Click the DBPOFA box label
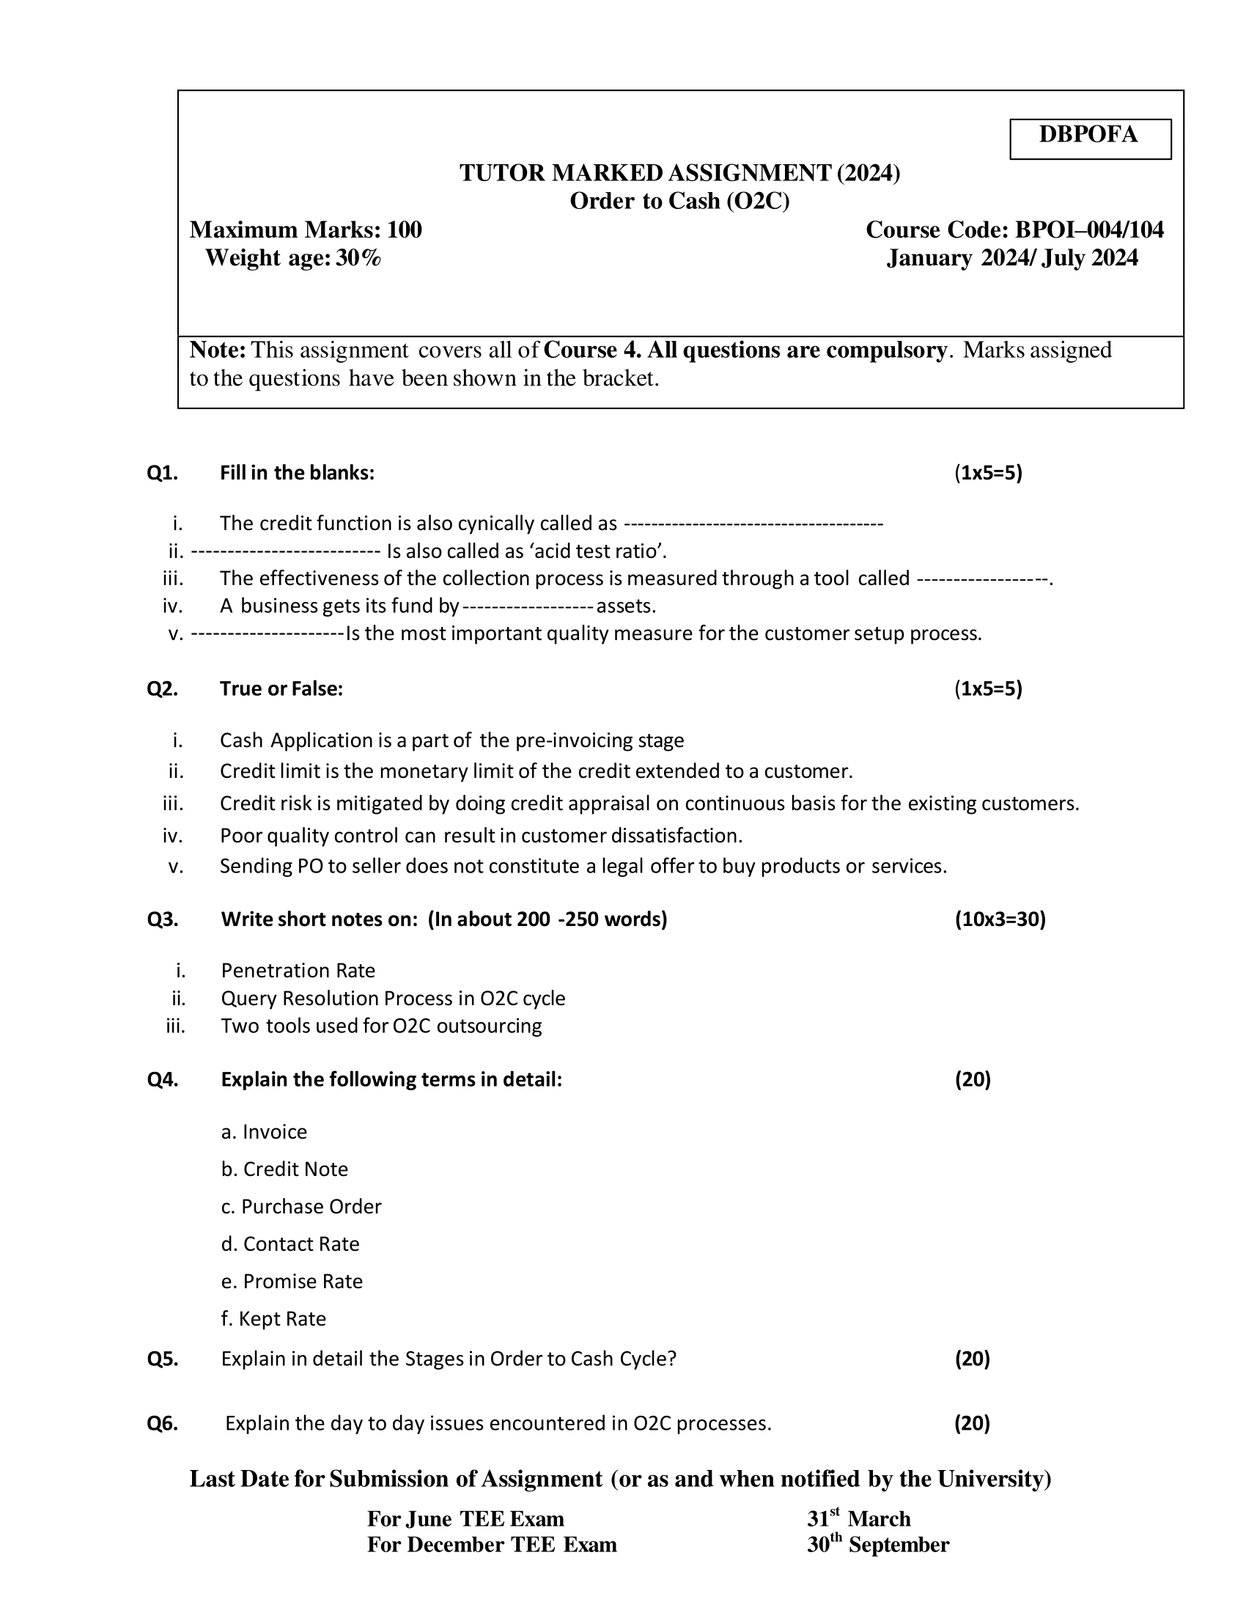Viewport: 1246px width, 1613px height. point(1088,135)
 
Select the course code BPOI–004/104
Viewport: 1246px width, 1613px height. point(1088,230)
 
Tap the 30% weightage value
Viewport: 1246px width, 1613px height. point(358,259)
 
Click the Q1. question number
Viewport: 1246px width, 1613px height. point(163,473)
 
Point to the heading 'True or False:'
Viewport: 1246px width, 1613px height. point(281,689)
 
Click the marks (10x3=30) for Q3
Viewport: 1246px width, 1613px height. point(1000,919)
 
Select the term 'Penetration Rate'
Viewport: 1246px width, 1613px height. point(298,971)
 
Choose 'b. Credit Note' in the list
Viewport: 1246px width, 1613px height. point(284,1169)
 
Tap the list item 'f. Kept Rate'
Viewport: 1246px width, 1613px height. point(273,1319)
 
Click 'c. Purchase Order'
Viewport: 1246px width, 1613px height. point(301,1207)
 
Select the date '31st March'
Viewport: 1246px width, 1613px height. point(858,1519)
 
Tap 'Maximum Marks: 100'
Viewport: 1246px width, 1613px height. point(306,230)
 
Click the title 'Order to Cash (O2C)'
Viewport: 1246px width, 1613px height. point(679,202)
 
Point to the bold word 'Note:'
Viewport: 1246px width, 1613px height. point(217,350)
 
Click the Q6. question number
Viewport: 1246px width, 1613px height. point(163,1424)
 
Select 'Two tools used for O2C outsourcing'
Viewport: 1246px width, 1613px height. point(381,1026)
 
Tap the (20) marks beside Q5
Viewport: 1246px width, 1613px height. point(972,1359)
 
